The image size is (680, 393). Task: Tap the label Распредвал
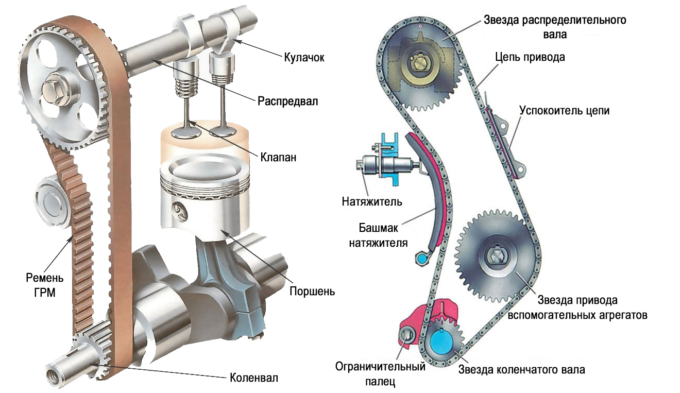(287, 101)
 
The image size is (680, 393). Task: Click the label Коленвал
(253, 378)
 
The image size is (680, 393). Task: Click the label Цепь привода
(529, 57)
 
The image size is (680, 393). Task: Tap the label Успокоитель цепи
(564, 110)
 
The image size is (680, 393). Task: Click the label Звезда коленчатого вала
(521, 370)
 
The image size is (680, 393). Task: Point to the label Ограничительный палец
(380, 374)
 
